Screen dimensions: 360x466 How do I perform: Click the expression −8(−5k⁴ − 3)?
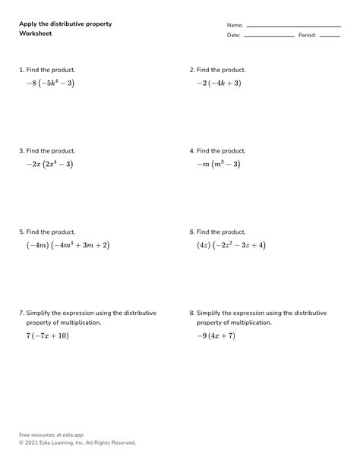[x=51, y=83]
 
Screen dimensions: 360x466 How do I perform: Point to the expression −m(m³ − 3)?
[x=219, y=164]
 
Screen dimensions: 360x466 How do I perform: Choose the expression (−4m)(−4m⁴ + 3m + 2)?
[x=68, y=245]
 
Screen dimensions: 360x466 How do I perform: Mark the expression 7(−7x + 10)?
[x=47, y=335]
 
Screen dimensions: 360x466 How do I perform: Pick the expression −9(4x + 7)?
[x=216, y=335]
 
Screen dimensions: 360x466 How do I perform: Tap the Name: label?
[x=235, y=25]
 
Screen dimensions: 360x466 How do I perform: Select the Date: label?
[x=233, y=36]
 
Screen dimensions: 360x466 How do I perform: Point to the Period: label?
[x=307, y=36]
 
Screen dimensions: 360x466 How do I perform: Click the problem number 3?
[x=21, y=151]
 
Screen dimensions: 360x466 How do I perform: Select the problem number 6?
[x=191, y=232]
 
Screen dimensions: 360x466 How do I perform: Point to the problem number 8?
[x=191, y=313]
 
